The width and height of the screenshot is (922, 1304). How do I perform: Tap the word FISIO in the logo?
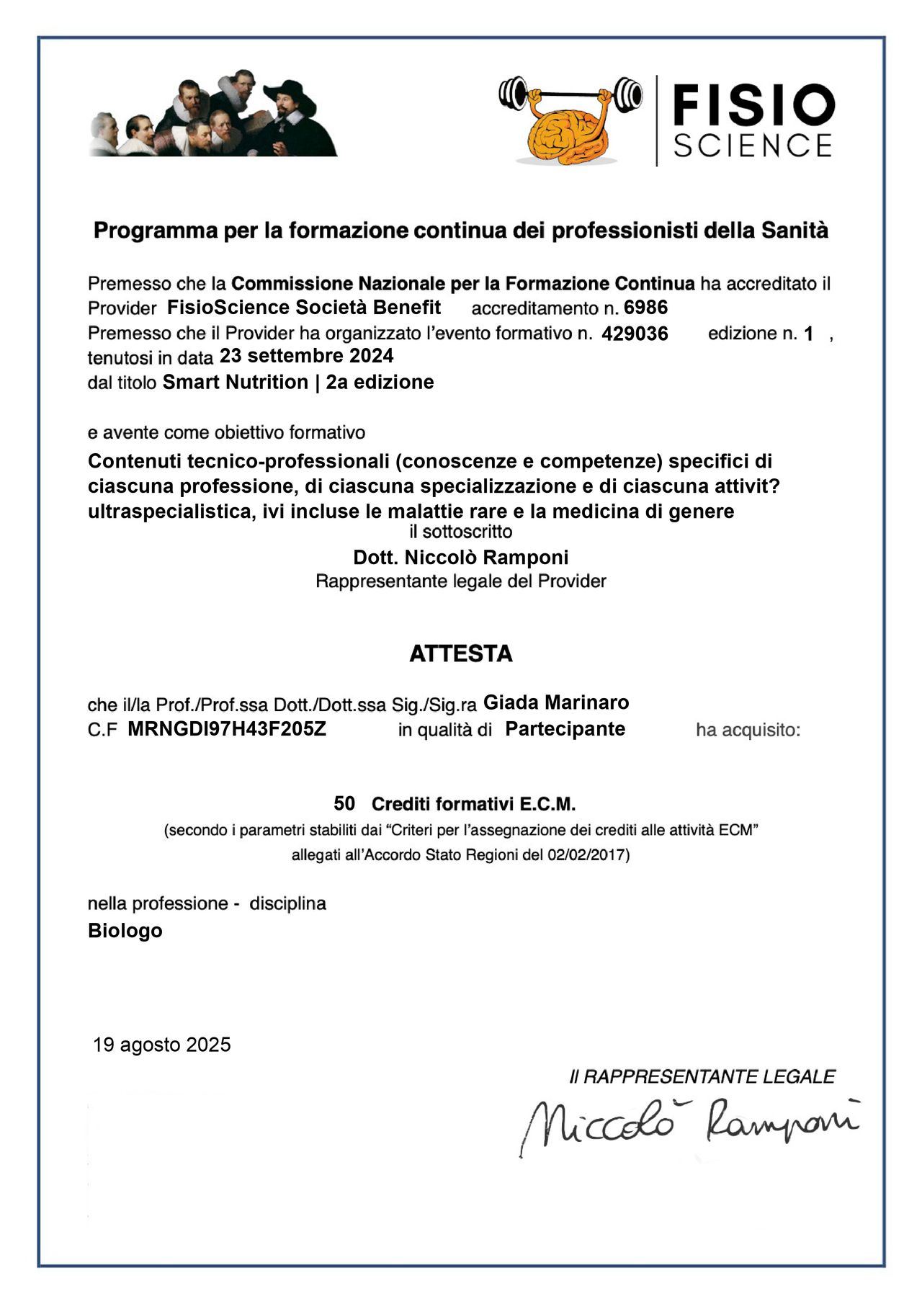coord(753,104)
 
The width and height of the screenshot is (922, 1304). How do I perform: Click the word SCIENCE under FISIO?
coord(753,146)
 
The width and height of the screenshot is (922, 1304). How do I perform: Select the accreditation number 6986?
coord(645,308)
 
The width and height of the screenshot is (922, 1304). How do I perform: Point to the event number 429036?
coord(635,334)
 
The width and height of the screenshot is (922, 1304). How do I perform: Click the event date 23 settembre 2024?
coord(306,356)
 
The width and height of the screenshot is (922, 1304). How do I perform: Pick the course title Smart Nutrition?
coord(236,382)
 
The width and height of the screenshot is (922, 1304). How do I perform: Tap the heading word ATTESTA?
coord(461,653)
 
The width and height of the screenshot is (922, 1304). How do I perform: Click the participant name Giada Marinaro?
coord(556,702)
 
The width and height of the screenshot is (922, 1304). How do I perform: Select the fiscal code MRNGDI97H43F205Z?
coord(227,729)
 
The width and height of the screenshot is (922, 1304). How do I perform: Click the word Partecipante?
coord(565,729)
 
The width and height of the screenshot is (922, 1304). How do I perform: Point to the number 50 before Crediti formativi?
coord(344,803)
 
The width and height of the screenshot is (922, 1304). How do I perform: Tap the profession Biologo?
coord(125,931)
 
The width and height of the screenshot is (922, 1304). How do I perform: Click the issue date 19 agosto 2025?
coord(162,1045)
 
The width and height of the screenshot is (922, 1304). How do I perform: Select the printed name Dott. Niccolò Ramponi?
coord(461,558)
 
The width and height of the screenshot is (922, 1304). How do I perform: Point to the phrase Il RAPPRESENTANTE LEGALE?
coord(702,1077)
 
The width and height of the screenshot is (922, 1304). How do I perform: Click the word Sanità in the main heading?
coord(795,231)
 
